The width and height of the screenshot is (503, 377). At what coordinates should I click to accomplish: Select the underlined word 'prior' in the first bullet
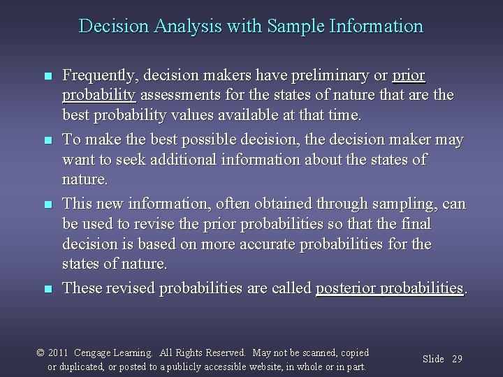409,75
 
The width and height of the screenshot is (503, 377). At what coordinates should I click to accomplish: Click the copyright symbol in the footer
41,353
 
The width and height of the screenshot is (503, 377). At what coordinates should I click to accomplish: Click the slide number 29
457,359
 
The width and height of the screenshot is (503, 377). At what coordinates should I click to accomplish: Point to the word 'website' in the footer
269,367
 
